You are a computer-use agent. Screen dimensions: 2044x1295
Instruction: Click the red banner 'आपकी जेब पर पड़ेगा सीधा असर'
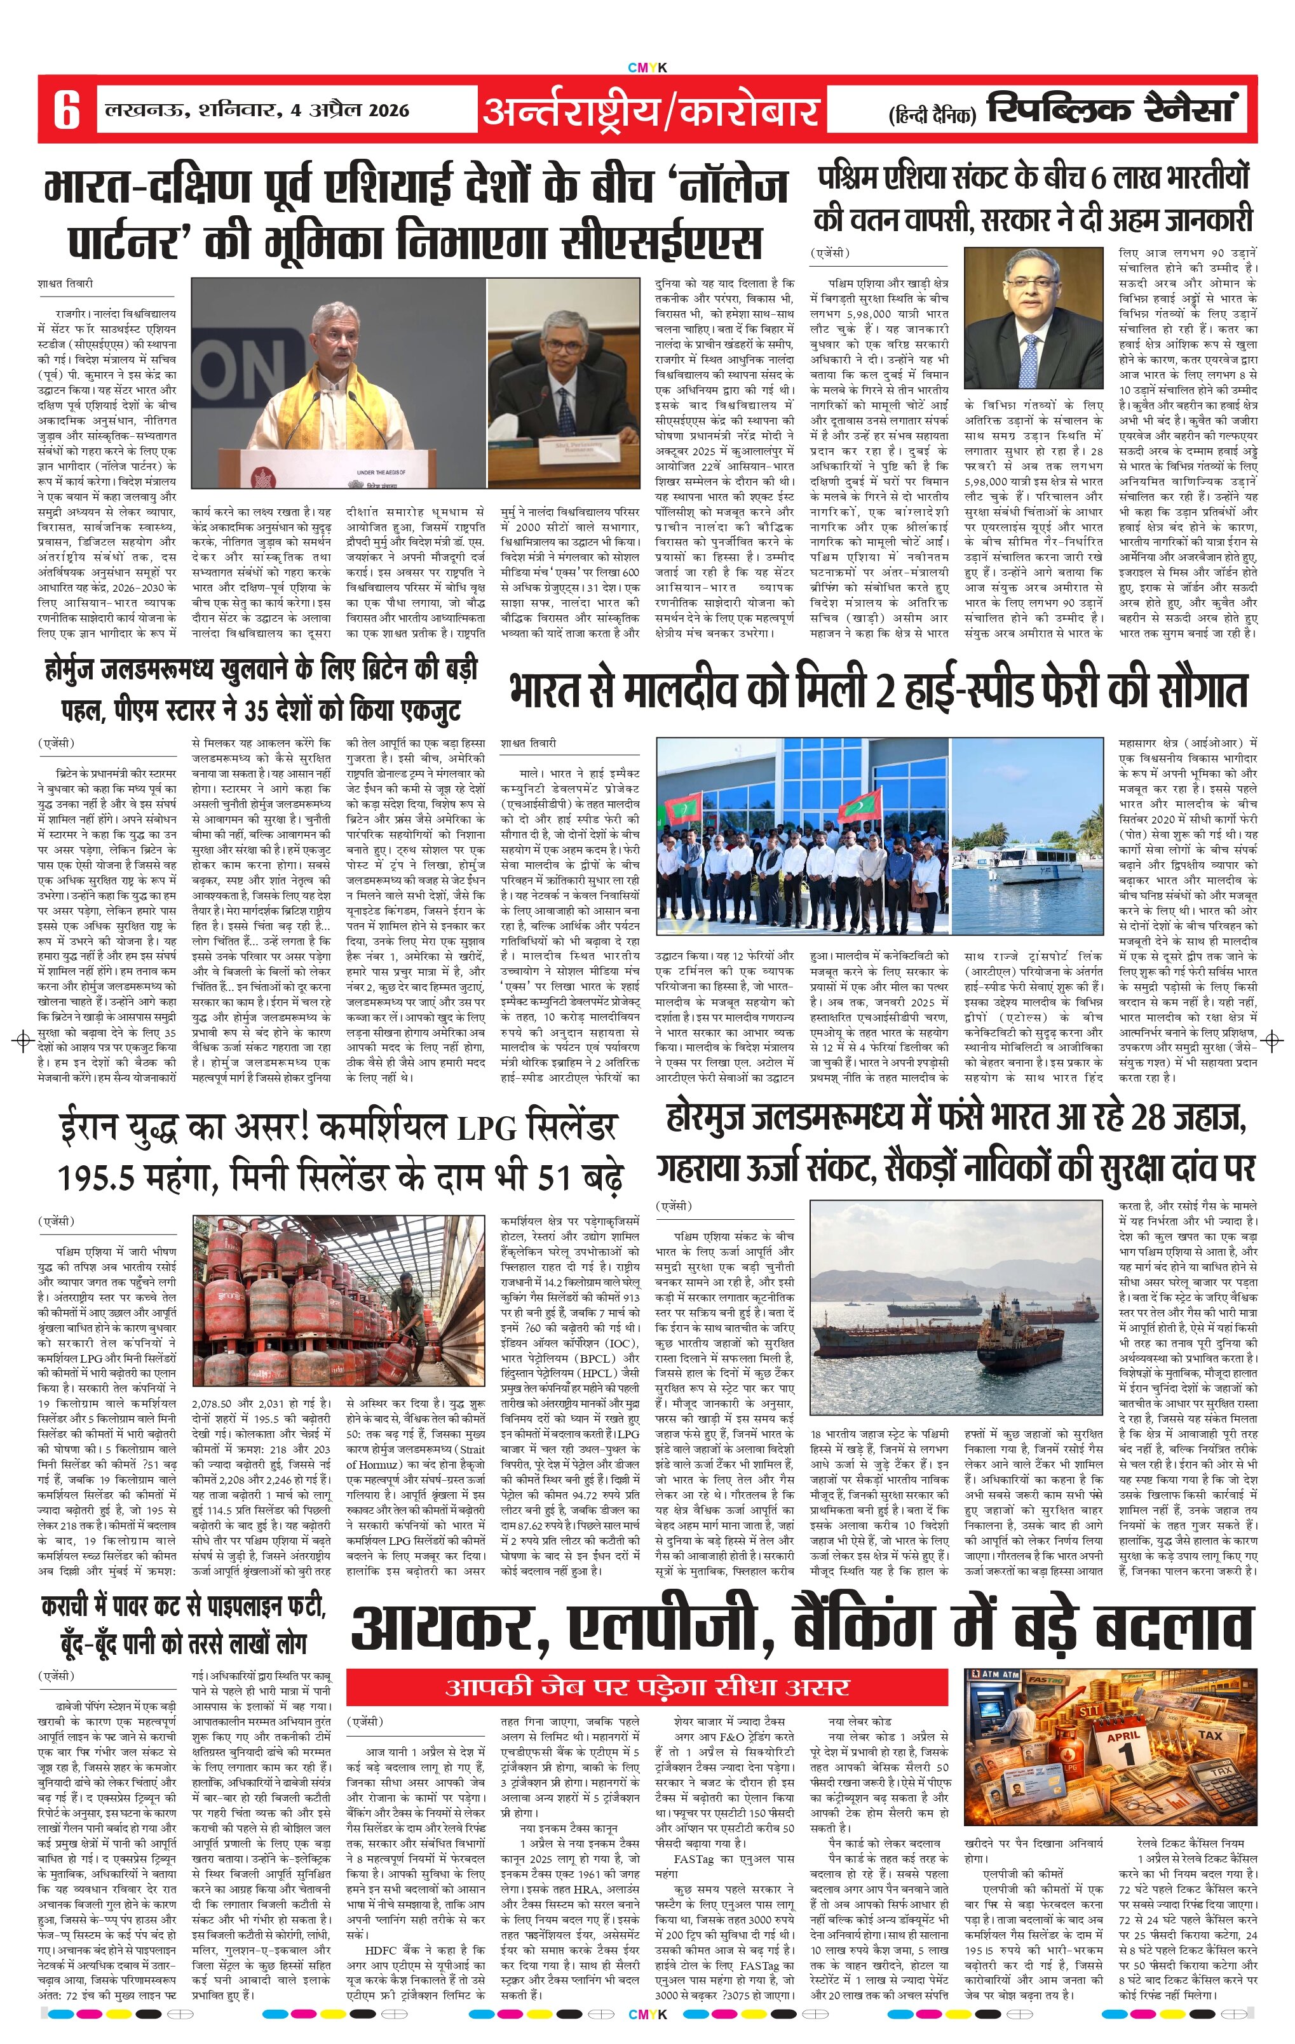[647, 1685]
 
